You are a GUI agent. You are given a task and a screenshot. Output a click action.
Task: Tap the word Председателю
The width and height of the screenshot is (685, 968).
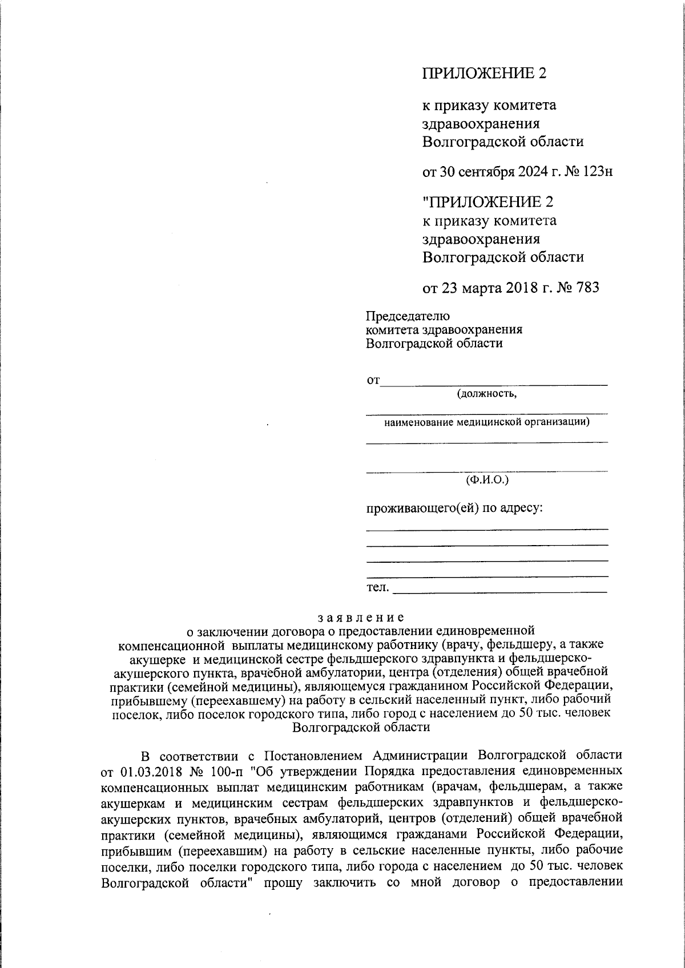coord(408,316)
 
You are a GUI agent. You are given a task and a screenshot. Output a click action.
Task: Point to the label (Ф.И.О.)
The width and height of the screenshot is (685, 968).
coord(487,480)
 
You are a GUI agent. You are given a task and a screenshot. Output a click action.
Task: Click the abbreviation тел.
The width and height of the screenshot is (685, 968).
coord(377,587)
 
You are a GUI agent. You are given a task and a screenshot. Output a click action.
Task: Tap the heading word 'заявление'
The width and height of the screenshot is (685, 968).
coord(361,617)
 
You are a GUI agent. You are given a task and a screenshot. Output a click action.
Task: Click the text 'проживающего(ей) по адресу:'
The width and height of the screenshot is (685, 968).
coord(454,507)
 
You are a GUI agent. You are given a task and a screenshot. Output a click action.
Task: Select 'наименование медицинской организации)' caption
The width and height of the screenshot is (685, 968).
coord(487,422)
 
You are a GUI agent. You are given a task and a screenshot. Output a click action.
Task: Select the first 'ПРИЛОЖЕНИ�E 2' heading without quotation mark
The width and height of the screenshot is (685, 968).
coord(484,73)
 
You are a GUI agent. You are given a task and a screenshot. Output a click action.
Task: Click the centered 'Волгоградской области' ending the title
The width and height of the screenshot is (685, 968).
coord(361,727)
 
